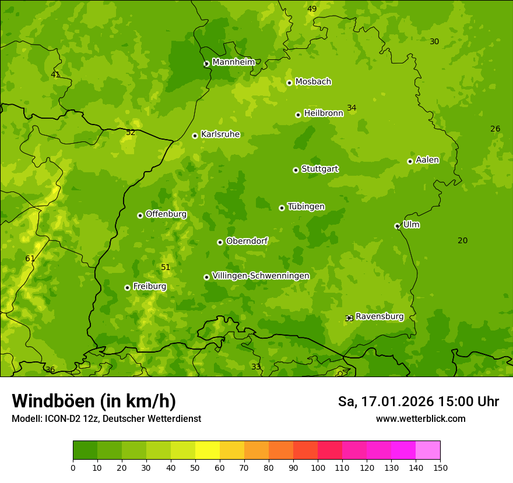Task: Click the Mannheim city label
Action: click(x=233, y=62)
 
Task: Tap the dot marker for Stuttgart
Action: click(x=296, y=170)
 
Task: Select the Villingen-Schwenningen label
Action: click(x=261, y=276)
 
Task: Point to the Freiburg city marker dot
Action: click(x=127, y=287)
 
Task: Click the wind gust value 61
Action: click(x=30, y=258)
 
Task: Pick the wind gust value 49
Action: click(x=312, y=9)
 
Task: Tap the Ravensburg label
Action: click(x=380, y=317)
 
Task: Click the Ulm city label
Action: click(x=411, y=225)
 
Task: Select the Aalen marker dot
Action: click(x=410, y=161)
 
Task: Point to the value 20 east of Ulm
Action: click(x=462, y=240)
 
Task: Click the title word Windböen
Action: click(x=52, y=401)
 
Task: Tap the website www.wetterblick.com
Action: click(x=420, y=418)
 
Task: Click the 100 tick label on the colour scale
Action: click(x=318, y=467)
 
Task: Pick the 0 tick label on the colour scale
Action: click(x=73, y=467)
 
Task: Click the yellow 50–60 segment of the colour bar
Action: click(x=208, y=450)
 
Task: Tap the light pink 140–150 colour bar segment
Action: click(x=428, y=450)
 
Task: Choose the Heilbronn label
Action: click(x=324, y=113)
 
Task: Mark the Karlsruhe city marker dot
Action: click(x=195, y=136)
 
